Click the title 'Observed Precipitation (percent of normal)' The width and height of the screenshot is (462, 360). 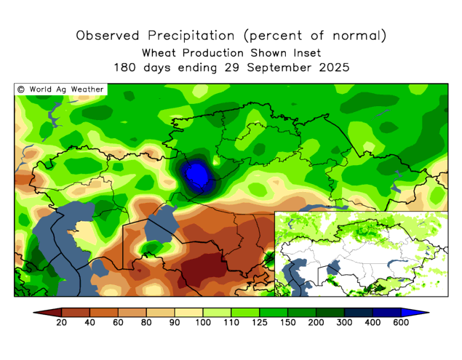(231, 35)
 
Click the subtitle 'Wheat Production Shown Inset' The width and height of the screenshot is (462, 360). (231, 52)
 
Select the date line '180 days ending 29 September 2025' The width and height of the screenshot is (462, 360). (231, 67)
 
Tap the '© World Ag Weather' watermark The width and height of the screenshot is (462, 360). (61, 89)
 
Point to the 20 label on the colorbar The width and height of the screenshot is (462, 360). (63, 324)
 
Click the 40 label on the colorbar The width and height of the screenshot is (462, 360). (91, 324)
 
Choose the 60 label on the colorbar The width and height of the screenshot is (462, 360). (119, 324)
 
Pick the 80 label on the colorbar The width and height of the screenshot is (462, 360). (147, 324)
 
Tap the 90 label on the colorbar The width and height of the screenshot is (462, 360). (175, 324)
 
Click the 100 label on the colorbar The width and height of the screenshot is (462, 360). (203, 324)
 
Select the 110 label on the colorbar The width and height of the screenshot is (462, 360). (231, 324)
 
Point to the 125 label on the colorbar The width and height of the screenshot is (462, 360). (259, 324)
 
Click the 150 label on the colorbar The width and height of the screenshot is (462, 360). (287, 324)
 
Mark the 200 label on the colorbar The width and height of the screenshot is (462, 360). (315, 324)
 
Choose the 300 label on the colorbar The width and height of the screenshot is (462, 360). (343, 324)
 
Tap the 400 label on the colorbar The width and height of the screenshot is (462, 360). (371, 324)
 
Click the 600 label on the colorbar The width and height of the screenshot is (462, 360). (399, 324)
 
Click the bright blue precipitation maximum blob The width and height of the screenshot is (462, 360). (195, 175)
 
